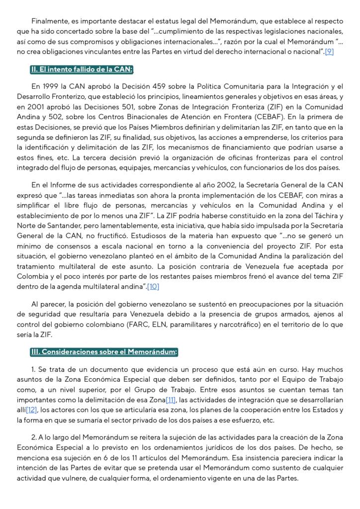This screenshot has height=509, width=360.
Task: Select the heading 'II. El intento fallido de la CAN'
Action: coord(82,69)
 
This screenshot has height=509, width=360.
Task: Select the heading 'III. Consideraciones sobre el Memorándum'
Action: coord(103,352)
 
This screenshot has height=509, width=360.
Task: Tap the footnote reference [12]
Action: coord(31,410)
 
